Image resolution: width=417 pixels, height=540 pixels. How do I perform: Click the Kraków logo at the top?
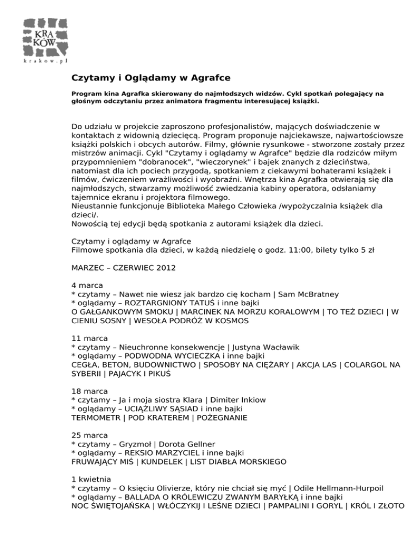coord(46,40)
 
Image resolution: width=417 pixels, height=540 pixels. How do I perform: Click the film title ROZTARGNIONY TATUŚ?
coord(175,303)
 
